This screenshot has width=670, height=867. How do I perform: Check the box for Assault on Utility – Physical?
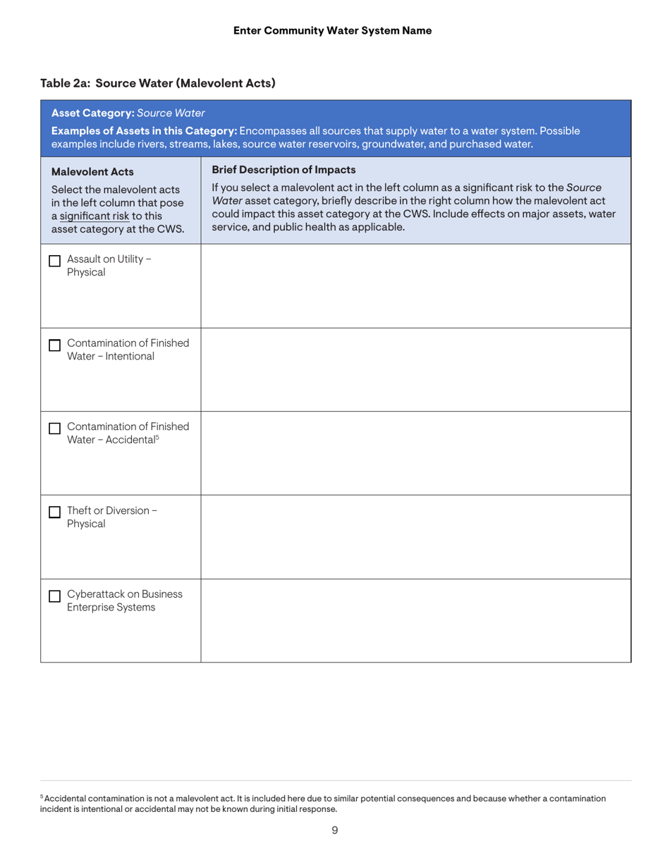[x=54, y=262]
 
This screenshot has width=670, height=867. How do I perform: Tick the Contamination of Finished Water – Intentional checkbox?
[x=54, y=345]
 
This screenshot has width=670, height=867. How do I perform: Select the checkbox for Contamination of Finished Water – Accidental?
[x=54, y=429]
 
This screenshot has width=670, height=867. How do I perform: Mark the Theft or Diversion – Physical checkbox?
[x=54, y=513]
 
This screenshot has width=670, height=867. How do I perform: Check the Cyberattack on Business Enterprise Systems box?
[x=54, y=596]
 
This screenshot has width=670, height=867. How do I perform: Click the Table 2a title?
[x=157, y=83]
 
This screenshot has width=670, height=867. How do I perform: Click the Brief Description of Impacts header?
[x=284, y=169]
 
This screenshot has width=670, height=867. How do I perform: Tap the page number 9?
[x=334, y=830]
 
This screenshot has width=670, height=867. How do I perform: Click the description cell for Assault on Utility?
[x=415, y=285]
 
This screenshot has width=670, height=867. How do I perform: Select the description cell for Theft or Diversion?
[x=415, y=537]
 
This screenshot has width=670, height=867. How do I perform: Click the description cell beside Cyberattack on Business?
[x=415, y=620]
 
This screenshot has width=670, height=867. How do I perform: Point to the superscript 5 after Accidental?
[x=157, y=437]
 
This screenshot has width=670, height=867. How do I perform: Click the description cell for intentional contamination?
[x=415, y=369]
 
